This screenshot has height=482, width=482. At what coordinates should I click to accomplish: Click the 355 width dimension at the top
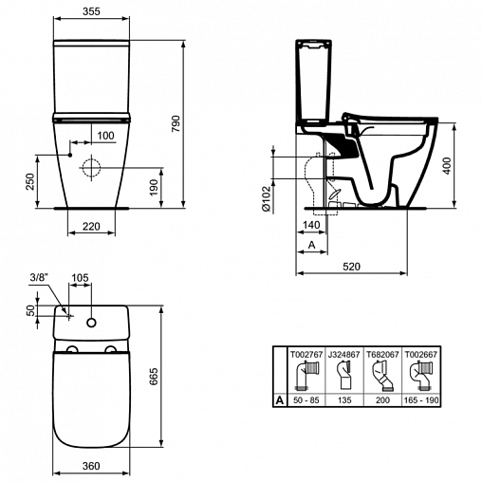tap(91, 11)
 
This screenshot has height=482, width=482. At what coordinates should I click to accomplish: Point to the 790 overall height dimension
tap(176, 123)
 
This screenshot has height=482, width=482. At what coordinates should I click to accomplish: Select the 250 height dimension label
tap(29, 181)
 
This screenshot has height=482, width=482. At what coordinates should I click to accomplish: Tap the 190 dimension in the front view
tap(154, 187)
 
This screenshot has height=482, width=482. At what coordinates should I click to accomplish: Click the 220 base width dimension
tap(91, 226)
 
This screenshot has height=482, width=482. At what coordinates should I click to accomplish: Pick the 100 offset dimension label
tap(105, 136)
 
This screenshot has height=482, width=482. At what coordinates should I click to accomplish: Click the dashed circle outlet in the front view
tap(91, 168)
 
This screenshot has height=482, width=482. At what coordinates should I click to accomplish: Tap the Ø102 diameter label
tap(267, 198)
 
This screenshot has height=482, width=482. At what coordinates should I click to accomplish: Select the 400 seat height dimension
tap(447, 166)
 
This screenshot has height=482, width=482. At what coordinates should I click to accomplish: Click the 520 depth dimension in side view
tap(351, 267)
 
